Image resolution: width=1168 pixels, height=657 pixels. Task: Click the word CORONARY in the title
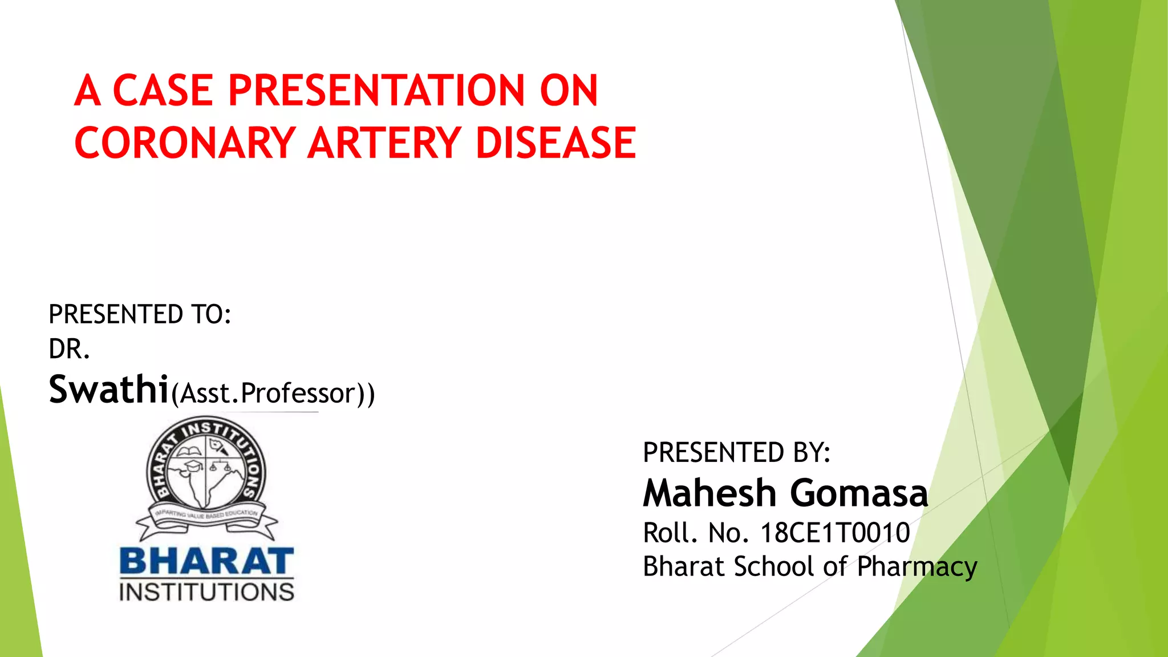pyautogui.click(x=185, y=143)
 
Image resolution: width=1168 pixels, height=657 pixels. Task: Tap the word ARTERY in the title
pyautogui.click(x=384, y=143)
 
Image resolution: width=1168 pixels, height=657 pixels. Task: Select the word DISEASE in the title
pyautogui.click(x=555, y=143)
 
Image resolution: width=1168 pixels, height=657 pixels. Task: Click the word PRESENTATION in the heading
pyautogui.click(x=376, y=91)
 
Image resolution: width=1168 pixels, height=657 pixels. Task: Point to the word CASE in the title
pyautogui.click(x=163, y=91)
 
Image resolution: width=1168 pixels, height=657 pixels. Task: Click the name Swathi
pyautogui.click(x=108, y=390)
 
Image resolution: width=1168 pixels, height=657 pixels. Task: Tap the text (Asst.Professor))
pyautogui.click(x=273, y=394)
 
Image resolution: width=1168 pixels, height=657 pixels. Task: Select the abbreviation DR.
pyautogui.click(x=69, y=349)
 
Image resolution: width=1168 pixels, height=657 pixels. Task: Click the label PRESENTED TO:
pyautogui.click(x=140, y=314)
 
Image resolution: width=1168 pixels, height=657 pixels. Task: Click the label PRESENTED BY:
pyautogui.click(x=736, y=452)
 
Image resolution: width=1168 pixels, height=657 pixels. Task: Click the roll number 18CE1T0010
pyautogui.click(x=835, y=533)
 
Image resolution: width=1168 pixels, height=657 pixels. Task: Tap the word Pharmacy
pyautogui.click(x=917, y=567)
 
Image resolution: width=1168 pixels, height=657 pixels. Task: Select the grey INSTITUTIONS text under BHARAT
pyautogui.click(x=206, y=592)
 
